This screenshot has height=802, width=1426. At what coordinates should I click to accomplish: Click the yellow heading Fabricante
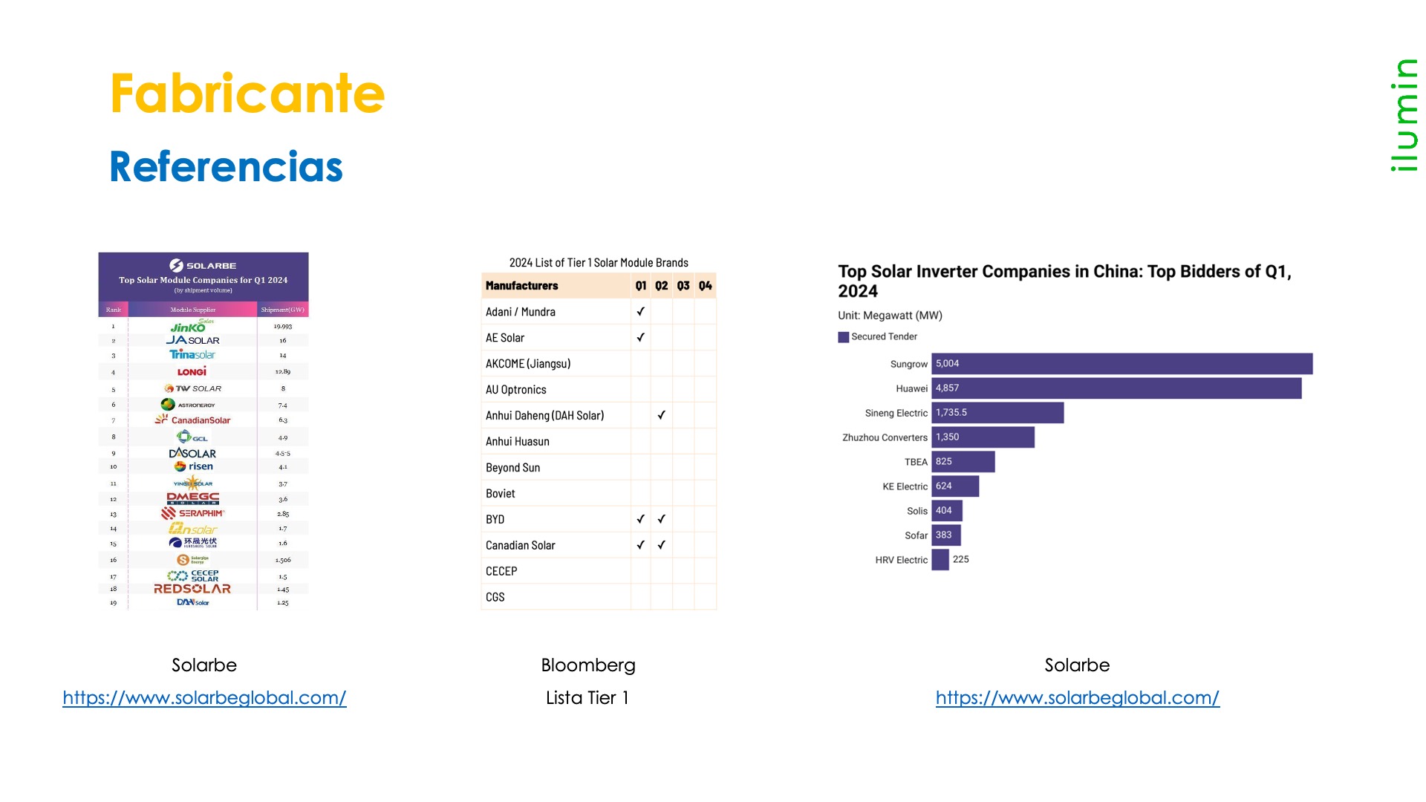(247, 94)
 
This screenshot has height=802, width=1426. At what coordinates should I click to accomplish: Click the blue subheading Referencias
(226, 166)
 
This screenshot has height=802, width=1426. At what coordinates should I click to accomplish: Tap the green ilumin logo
(1404, 115)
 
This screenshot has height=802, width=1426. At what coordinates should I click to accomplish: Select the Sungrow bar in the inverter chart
(1121, 364)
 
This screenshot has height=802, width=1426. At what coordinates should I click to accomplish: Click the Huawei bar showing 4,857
(1116, 388)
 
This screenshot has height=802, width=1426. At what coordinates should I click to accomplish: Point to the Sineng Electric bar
(997, 413)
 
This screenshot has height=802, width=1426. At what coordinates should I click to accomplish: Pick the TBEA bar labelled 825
(963, 462)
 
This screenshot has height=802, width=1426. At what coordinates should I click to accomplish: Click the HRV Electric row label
(901, 560)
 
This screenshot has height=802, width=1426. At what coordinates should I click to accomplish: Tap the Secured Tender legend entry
(878, 337)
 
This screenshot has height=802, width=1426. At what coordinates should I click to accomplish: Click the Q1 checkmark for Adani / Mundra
(640, 312)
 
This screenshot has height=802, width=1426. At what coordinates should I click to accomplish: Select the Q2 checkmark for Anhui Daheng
(661, 415)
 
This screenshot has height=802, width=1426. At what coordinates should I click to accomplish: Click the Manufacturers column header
(521, 286)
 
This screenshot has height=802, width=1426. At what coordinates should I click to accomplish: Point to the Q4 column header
(705, 286)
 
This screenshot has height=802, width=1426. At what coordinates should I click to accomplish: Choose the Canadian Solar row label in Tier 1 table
(520, 545)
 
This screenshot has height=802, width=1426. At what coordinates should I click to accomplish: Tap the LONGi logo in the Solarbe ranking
(192, 371)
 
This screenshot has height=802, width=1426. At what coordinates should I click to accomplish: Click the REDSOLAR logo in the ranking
(192, 589)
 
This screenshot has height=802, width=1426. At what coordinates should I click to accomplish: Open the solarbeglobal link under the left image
(204, 698)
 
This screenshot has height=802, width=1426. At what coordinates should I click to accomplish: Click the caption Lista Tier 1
(587, 698)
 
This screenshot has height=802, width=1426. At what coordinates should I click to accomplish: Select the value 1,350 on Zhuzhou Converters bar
(947, 437)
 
